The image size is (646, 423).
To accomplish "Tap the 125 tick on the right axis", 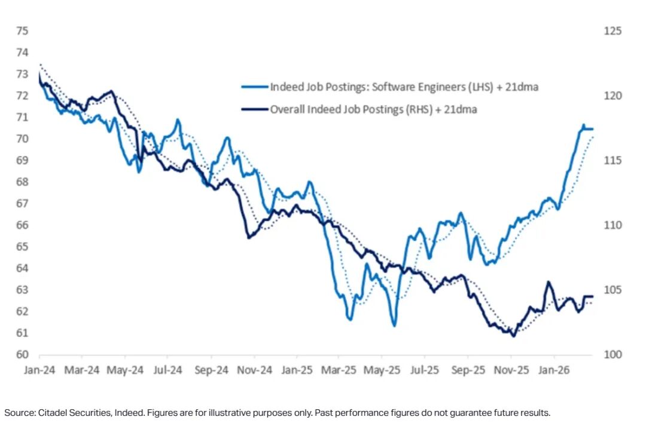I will (613, 30).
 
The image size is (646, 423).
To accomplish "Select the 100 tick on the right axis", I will (613, 354).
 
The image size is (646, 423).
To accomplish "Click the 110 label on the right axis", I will (613, 225).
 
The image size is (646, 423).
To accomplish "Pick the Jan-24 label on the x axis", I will (39, 370).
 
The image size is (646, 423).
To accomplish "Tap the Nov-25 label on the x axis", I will (511, 370).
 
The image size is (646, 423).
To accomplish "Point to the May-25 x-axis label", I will (383, 370).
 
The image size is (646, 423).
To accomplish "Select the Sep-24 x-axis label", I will (212, 370).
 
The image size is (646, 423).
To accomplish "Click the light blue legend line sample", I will (254, 87).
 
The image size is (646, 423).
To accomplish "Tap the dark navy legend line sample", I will (254, 109).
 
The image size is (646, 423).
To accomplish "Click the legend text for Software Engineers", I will (404, 87).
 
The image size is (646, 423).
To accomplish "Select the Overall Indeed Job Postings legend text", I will (373, 109).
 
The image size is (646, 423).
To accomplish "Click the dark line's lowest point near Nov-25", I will (513, 336).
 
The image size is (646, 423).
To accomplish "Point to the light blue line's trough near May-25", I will (394, 326).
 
